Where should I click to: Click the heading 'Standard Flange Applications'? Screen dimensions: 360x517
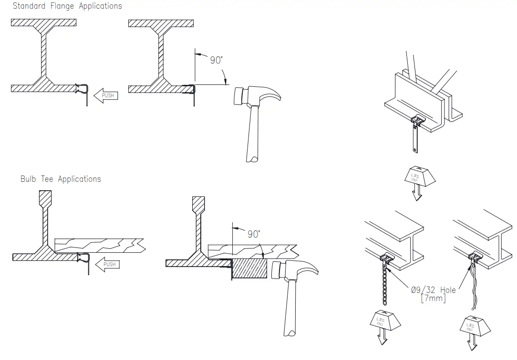(x=67, y=6)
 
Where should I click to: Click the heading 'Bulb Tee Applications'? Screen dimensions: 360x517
(x=61, y=179)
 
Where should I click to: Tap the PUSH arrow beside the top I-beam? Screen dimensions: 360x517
(x=105, y=95)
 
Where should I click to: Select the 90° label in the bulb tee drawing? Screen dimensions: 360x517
(x=254, y=234)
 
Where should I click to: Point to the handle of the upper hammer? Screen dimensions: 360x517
(x=254, y=138)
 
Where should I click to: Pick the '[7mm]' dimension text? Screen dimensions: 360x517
(x=434, y=298)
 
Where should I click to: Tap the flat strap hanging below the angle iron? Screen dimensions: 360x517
(x=414, y=141)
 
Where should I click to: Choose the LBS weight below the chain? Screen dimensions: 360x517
(x=385, y=324)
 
